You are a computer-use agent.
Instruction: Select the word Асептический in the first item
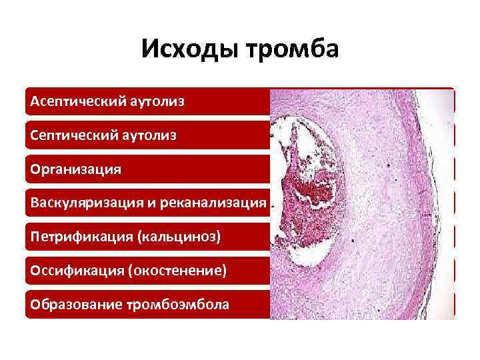pyautogui.click(x=73, y=102)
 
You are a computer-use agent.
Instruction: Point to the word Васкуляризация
pyautogui.click(x=81, y=203)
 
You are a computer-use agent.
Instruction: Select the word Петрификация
pyautogui.click(x=76, y=237)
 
